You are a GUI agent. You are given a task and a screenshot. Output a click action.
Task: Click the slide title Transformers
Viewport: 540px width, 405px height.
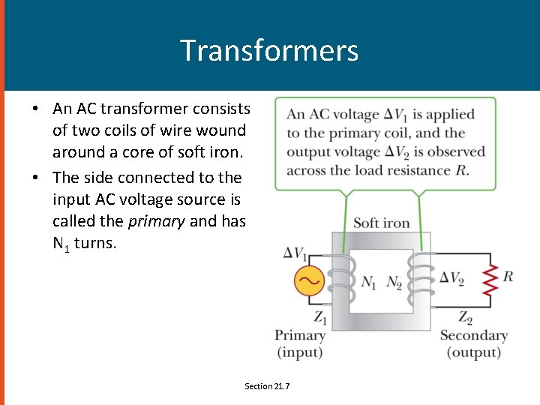tap(269, 50)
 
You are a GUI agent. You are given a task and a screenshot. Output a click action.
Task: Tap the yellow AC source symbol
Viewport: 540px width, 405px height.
tap(307, 282)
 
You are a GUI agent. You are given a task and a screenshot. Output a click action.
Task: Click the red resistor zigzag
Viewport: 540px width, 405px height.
tap(490, 279)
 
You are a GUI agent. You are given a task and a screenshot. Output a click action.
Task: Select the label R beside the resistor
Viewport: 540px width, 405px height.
tap(508, 277)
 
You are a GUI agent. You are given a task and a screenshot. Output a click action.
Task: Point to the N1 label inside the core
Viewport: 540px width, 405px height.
tap(369, 282)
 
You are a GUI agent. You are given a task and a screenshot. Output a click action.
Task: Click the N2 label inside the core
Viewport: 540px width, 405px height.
tap(394, 282)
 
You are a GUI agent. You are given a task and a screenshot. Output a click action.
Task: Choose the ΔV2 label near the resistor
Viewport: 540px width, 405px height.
tap(451, 278)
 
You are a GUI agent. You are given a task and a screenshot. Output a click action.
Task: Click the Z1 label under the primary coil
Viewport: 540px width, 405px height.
tap(320, 316)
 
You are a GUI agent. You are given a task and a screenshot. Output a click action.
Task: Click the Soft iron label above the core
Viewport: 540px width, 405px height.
tap(381, 222)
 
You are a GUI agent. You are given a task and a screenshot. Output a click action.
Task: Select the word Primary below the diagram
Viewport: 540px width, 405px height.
tap(300, 335)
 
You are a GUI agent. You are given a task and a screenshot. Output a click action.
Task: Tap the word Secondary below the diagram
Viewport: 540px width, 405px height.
tap(473, 335)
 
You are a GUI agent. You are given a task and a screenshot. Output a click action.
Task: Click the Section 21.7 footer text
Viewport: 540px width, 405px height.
tap(267, 385)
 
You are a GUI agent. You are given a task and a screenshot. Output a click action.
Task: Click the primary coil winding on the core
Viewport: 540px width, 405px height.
tap(342, 277)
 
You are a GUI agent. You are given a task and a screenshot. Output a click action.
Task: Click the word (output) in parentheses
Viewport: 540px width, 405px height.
tap(473, 352)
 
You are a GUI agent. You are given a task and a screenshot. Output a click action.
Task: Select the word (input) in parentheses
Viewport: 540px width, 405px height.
tap(300, 352)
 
